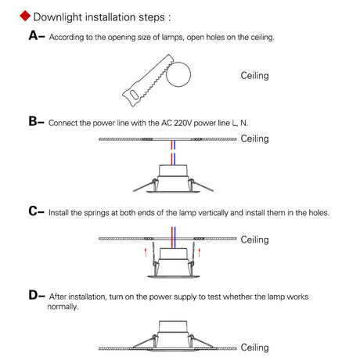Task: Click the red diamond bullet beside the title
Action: coord(25,16)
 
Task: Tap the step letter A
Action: coord(34,35)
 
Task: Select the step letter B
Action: coord(33,121)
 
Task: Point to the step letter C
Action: coord(33,211)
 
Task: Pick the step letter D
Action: coord(34,295)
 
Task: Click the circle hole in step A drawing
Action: coord(178,74)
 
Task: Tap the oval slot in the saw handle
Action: coord(134,94)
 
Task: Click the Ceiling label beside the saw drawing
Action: coord(254,76)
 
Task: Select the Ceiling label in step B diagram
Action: coord(254,139)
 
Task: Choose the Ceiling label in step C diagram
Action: coord(254,239)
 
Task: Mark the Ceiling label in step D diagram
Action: coord(254,347)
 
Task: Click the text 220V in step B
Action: coord(182,123)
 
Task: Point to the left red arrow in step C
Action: coord(146,252)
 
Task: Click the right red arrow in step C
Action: coord(200,252)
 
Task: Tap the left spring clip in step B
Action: coord(145,185)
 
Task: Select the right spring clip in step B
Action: coord(201,185)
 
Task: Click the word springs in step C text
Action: coord(96,213)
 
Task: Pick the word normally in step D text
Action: coord(63,307)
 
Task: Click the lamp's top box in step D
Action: coord(173,327)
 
